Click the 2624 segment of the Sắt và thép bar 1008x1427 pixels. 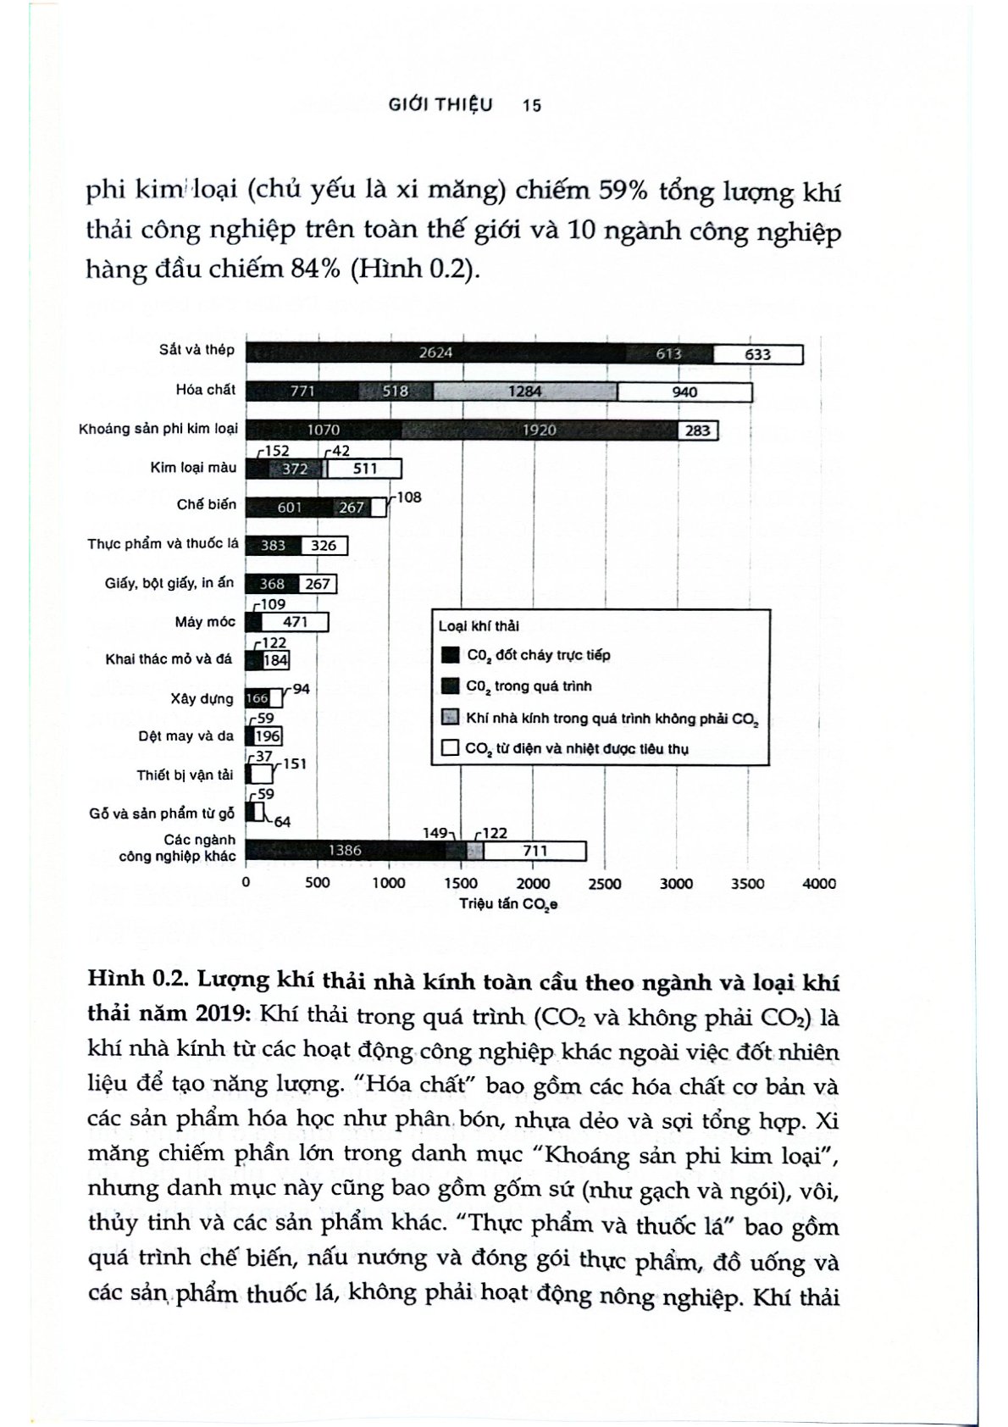point(435,353)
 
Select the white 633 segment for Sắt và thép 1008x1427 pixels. point(757,354)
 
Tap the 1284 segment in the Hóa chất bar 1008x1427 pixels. point(525,391)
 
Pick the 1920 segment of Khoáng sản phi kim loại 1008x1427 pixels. point(539,430)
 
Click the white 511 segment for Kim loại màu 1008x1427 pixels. point(364,469)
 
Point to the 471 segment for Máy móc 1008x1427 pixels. point(295,623)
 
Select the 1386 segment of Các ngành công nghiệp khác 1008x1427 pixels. point(345,851)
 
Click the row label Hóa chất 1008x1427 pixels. point(206,390)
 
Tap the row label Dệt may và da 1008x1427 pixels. point(186,736)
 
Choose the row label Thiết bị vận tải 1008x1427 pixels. point(185,775)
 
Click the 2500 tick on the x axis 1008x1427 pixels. point(604,884)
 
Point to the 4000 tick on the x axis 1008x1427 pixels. point(818,884)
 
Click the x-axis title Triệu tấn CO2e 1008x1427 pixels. point(508,904)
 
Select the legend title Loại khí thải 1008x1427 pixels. point(479,626)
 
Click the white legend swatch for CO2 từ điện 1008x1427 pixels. point(451,748)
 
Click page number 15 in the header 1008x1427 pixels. point(532,105)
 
